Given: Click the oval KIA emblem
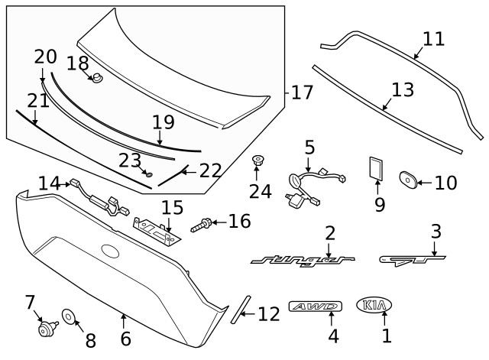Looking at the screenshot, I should coord(374,306).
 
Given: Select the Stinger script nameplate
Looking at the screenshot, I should coord(303,261).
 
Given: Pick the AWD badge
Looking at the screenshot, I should coord(314,306).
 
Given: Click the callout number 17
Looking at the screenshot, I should coord(302,92).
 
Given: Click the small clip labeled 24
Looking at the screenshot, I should coord(257,161).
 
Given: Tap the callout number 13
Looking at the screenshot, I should coord(402,90).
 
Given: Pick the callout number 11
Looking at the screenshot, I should coord(433,38).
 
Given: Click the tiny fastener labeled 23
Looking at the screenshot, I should coord(149,175).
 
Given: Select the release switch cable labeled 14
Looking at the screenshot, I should coord(96,196).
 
